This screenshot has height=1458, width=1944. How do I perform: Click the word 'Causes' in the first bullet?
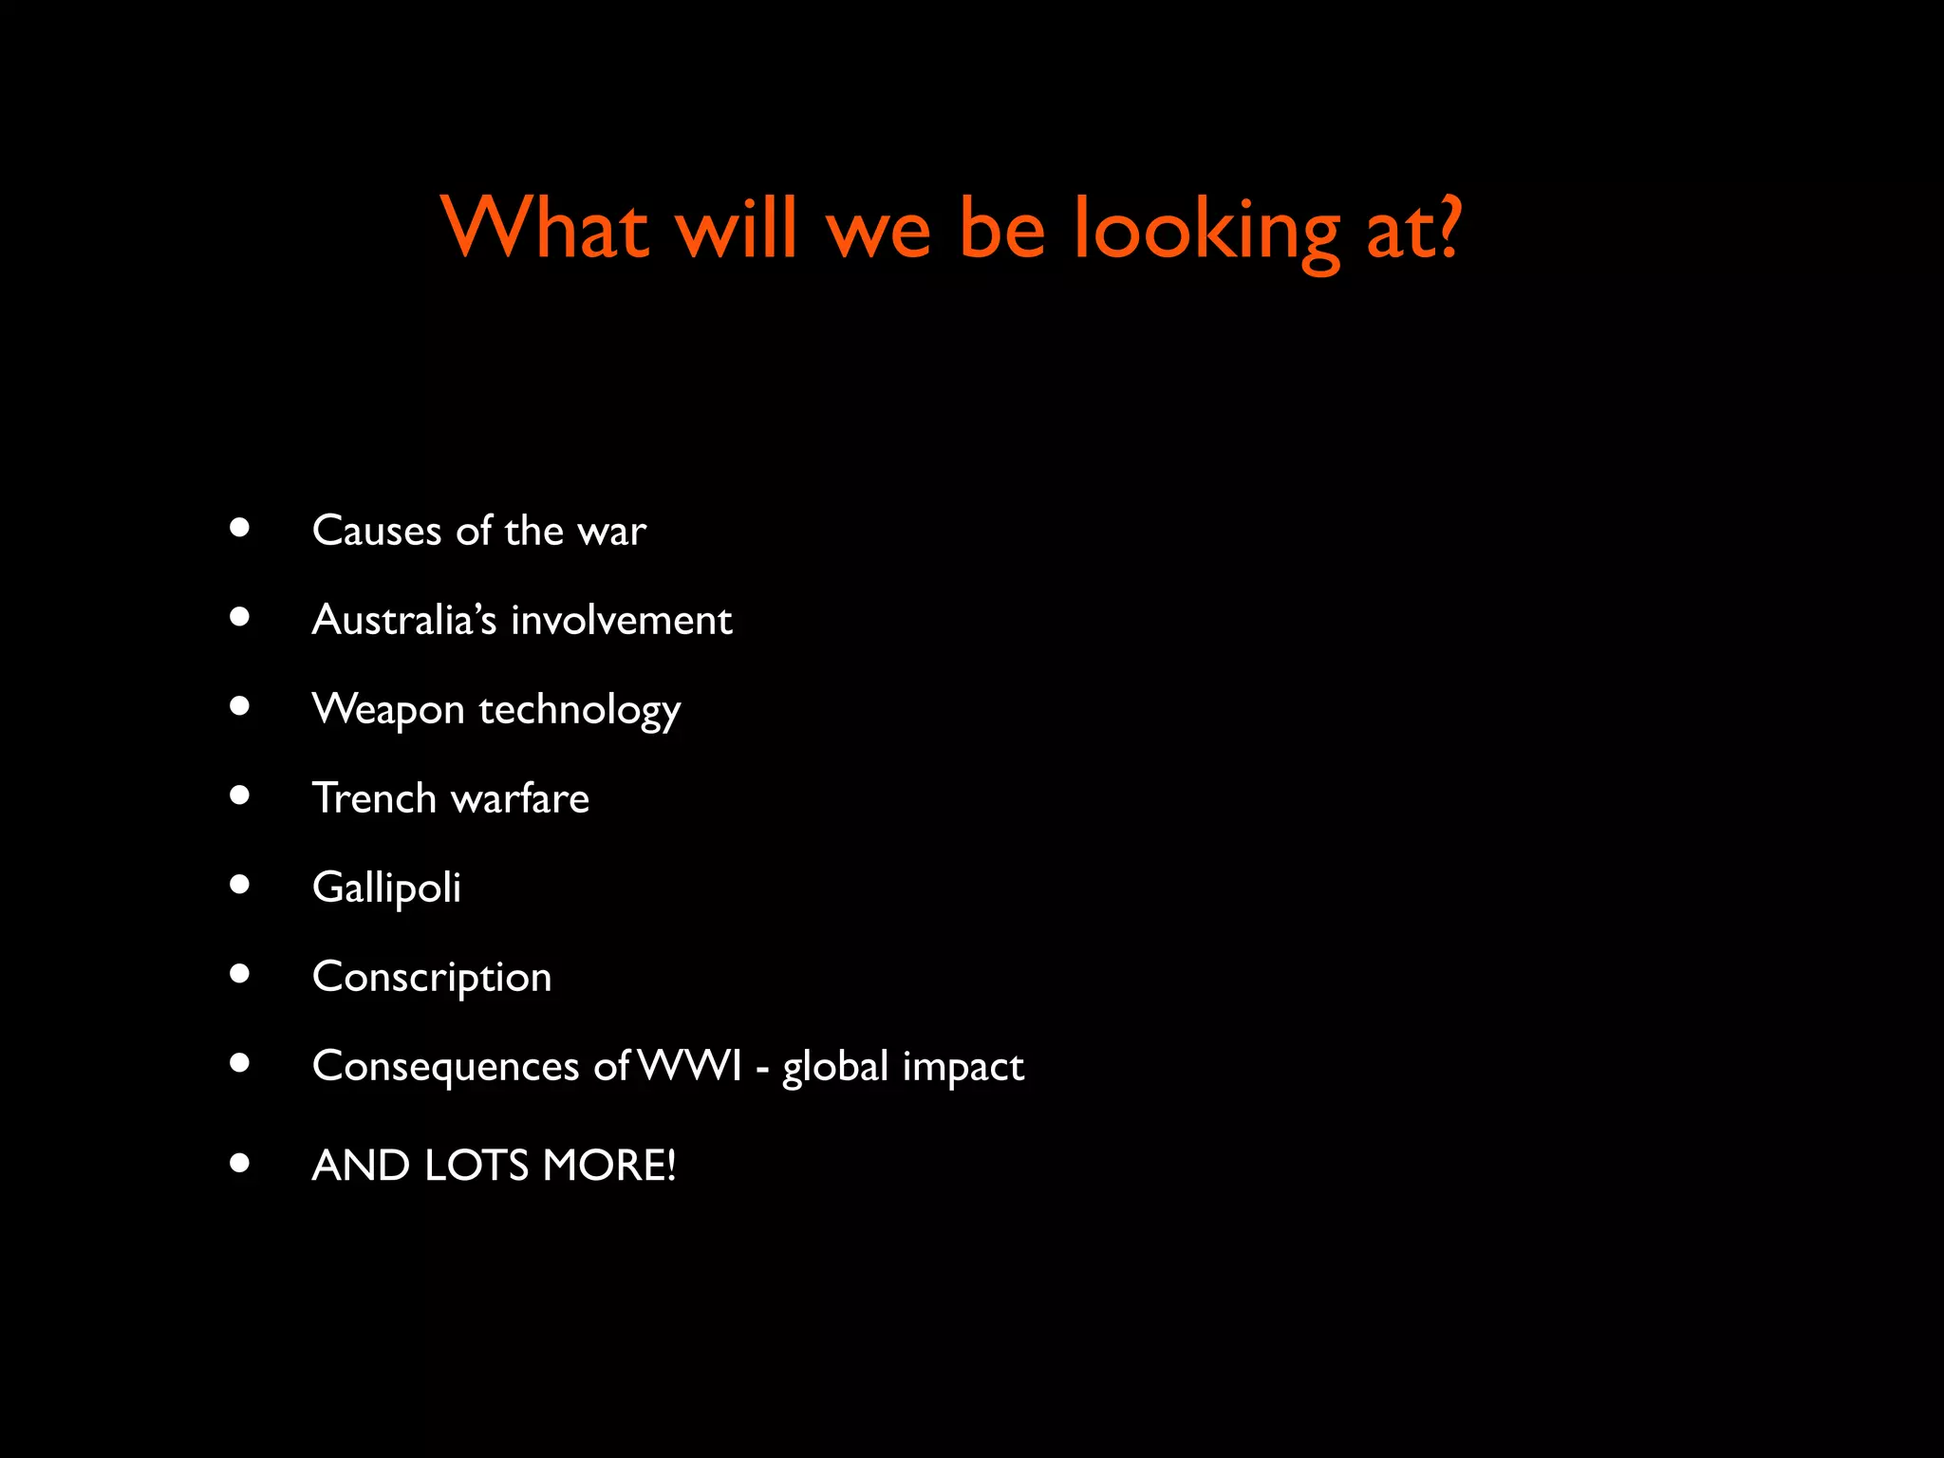pos(377,531)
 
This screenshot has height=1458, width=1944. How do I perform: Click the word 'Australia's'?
pos(404,620)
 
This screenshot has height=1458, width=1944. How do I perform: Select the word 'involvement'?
pos(622,620)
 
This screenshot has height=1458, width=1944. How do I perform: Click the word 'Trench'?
pos(374,798)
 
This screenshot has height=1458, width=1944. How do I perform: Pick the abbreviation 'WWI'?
pos(690,1066)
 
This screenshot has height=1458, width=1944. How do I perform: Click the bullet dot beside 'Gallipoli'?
pos(239,885)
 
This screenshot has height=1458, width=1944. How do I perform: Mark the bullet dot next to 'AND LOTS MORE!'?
pos(239,1163)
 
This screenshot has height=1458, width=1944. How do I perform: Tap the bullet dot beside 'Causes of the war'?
pos(239,528)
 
